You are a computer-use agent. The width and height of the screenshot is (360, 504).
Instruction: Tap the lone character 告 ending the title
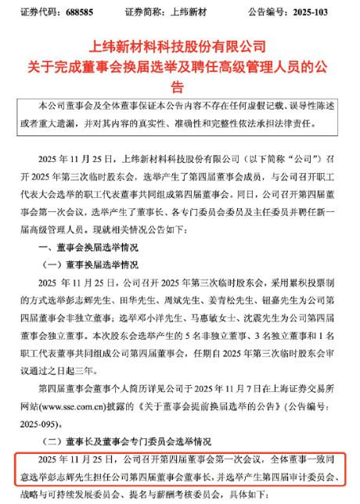tap(179, 86)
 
